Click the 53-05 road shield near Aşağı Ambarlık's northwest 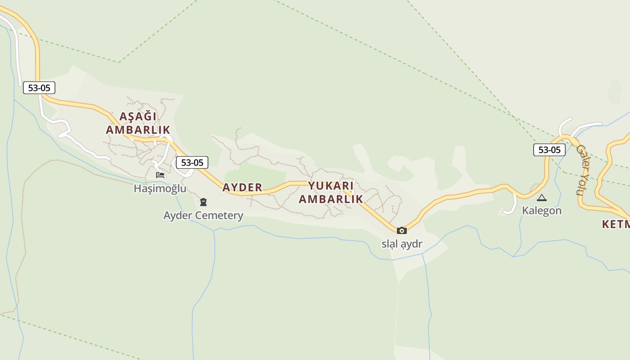[x=39, y=88]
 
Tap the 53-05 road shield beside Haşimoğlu [x=192, y=162]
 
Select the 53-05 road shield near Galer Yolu [x=549, y=149]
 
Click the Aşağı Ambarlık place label [x=138, y=123]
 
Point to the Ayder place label [x=242, y=187]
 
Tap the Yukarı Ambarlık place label [x=331, y=192]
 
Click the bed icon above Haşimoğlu [x=160, y=175]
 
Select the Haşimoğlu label [x=160, y=188]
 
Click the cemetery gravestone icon [x=203, y=202]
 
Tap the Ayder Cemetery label [x=203, y=215]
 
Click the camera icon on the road [x=402, y=230]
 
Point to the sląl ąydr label [x=402, y=244]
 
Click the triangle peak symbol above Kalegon [x=542, y=198]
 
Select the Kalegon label [x=542, y=210]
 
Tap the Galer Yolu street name [x=581, y=170]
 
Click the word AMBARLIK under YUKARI [x=331, y=199]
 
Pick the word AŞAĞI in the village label [x=138, y=116]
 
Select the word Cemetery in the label [x=220, y=215]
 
